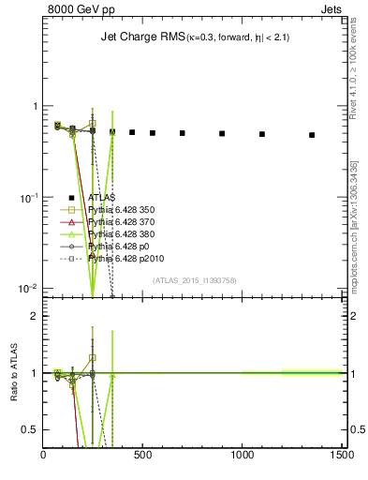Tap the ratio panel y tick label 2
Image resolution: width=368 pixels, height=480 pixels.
pos(33,316)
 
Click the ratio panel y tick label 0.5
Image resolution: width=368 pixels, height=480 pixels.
pos(28,429)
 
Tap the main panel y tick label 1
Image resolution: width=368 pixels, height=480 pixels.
pos(34,106)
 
